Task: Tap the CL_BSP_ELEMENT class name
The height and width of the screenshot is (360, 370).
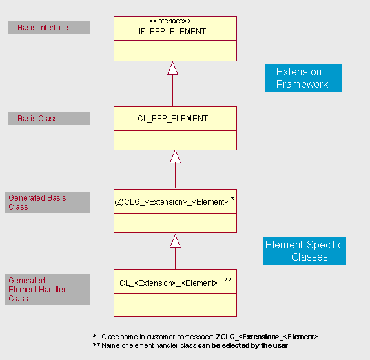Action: [x=172, y=119]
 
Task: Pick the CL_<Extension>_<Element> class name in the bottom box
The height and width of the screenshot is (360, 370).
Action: [x=169, y=283]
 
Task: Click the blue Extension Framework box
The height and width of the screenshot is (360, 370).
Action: [x=303, y=77]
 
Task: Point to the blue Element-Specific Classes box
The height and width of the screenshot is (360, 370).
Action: [x=304, y=250]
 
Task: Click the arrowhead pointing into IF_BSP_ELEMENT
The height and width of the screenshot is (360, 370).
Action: [x=172, y=68]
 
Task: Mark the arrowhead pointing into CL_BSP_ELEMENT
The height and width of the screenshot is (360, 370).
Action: [x=175, y=156]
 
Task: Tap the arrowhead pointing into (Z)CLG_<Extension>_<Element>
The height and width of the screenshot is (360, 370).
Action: [x=175, y=241]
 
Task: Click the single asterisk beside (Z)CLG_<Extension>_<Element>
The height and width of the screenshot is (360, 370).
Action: [x=232, y=201]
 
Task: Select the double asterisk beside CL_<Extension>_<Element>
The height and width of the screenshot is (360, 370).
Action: [x=229, y=281]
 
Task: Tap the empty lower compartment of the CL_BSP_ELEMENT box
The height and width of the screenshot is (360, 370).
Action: [x=175, y=140]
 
